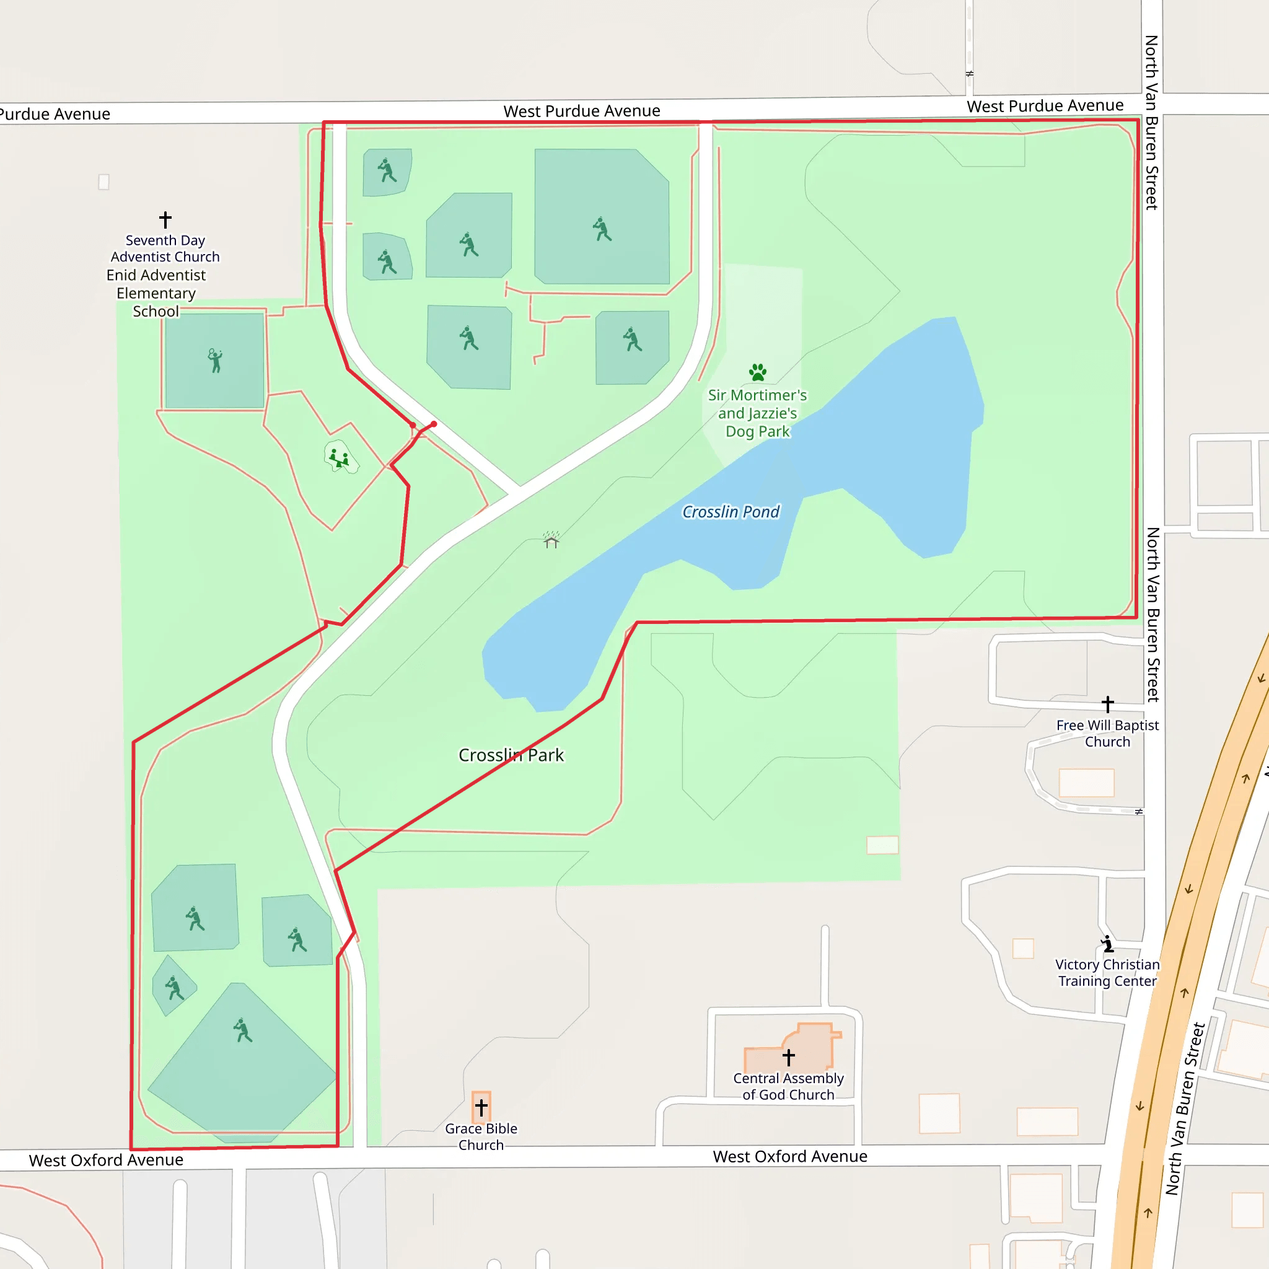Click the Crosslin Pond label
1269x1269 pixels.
click(x=731, y=512)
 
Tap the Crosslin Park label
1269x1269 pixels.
click(x=511, y=755)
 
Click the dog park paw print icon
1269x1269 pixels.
click(x=757, y=372)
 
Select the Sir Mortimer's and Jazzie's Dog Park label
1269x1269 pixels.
click(x=757, y=413)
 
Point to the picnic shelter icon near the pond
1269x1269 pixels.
click(x=551, y=540)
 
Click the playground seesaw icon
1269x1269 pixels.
click(x=339, y=458)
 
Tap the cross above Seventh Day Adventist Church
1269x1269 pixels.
click(x=165, y=219)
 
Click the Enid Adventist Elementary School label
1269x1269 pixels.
click(x=156, y=293)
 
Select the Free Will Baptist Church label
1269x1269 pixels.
click(x=1107, y=733)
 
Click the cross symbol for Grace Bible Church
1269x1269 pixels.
click(x=481, y=1107)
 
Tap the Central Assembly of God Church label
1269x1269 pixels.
click(x=788, y=1086)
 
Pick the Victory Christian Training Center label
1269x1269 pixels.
click(x=1107, y=973)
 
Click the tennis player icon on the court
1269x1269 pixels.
click(x=215, y=361)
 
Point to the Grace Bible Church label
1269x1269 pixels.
click(x=481, y=1137)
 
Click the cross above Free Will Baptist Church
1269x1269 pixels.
click(x=1107, y=704)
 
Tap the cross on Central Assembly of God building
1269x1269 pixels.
click(x=789, y=1057)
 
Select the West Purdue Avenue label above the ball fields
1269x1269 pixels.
click(x=582, y=111)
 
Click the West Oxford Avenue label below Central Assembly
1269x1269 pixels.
click(x=790, y=1157)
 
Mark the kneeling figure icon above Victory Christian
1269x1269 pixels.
click(x=1107, y=944)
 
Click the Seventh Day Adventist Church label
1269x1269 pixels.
click(x=165, y=248)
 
